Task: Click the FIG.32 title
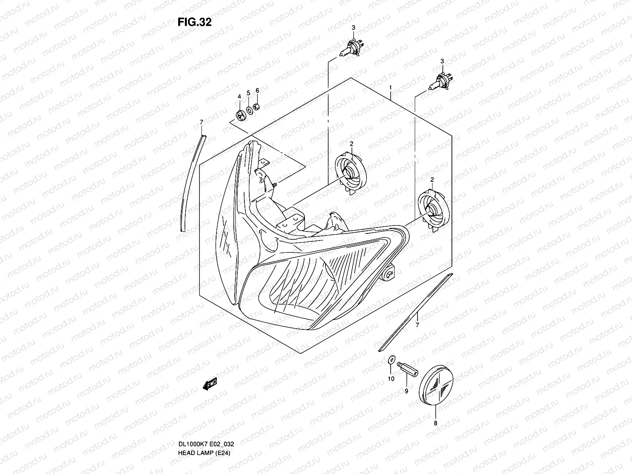coord(194,22)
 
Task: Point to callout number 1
coord(390,87)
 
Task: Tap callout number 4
coord(239,97)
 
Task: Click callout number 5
coord(248,93)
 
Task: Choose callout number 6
coord(257,90)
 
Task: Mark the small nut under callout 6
coord(257,106)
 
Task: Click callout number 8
coord(436,422)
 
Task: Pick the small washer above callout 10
coord(391,359)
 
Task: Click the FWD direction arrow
coord(210,384)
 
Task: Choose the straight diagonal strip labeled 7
coord(415,312)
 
